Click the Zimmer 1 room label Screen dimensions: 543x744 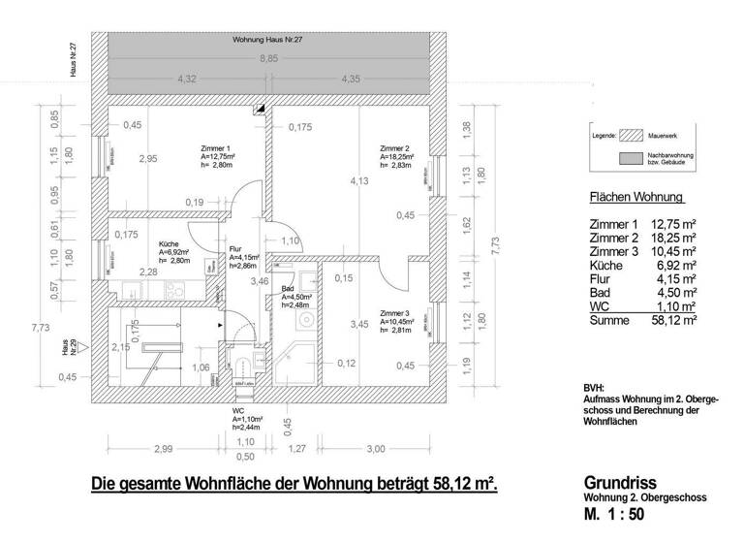(x=214, y=148)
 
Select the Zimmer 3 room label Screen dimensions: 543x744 (x=395, y=313)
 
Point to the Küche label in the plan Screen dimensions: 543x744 (x=169, y=244)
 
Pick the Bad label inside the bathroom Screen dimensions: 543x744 (x=288, y=289)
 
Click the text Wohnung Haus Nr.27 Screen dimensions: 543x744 (x=267, y=41)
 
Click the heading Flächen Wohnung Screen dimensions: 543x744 (x=636, y=199)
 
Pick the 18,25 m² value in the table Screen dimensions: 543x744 (x=675, y=237)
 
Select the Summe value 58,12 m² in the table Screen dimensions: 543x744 (x=675, y=319)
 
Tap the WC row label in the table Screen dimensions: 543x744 (x=600, y=305)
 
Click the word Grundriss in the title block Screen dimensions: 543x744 (x=620, y=482)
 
